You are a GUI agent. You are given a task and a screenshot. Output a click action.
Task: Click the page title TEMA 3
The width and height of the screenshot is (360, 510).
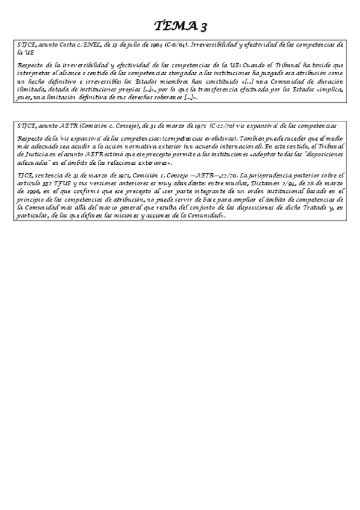pyautogui.click(x=180, y=25)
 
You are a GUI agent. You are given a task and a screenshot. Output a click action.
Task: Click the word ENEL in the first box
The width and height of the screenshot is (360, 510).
pyautogui.click(x=94, y=45)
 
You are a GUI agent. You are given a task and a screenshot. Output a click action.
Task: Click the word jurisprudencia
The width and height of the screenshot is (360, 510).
pyautogui.click(x=261, y=174)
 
